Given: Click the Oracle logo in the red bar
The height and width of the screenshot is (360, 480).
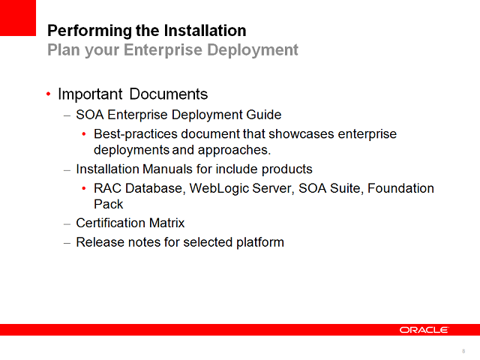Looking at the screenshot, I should coord(424,330).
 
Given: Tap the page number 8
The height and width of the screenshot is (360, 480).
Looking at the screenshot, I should coord(463,351).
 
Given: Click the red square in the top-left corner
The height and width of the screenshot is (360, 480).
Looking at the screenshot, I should coord(18,17).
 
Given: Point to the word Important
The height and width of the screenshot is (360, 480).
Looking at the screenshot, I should coord(90,94).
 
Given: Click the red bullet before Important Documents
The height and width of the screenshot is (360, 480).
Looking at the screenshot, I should coord(49,94).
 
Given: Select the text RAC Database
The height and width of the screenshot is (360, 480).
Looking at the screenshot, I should coord(138,188).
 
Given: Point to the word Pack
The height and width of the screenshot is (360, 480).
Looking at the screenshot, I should coord(109,204).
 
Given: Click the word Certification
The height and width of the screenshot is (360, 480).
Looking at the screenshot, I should coord(112,223).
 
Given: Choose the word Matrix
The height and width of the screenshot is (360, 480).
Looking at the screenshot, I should coord(167,223).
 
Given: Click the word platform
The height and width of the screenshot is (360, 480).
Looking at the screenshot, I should coord(259,242).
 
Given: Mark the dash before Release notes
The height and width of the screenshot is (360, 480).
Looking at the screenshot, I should coord(67,242).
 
